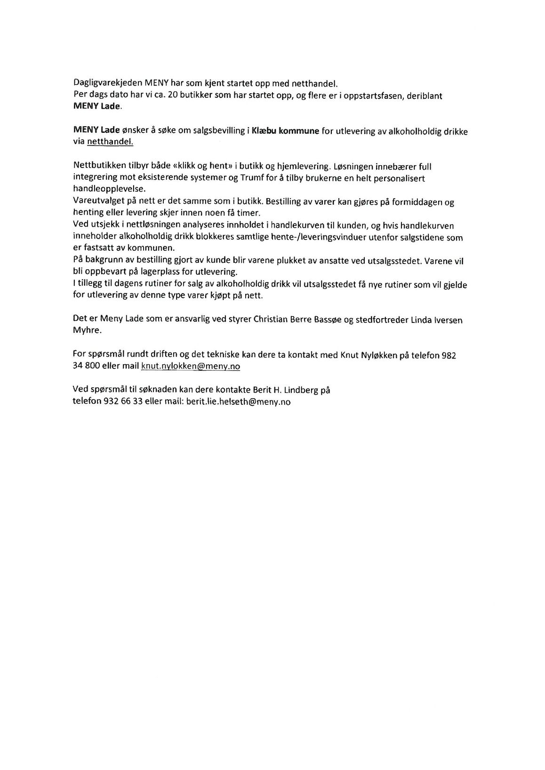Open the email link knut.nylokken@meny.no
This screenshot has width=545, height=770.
(190, 366)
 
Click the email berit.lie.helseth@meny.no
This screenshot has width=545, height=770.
(238, 402)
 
